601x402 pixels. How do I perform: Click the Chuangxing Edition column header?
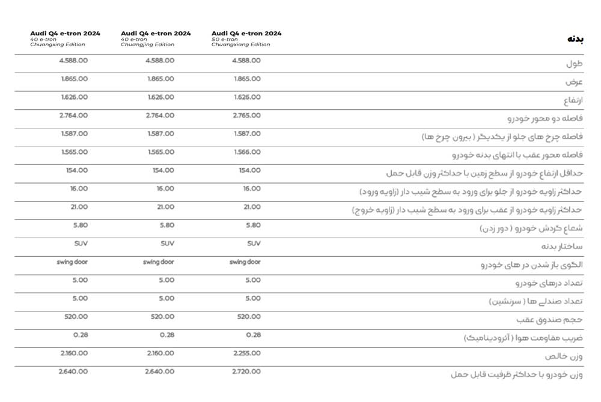[65, 38]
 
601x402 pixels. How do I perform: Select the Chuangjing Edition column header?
[156, 38]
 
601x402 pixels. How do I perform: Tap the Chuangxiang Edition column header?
[246, 38]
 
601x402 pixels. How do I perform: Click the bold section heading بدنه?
[575, 39]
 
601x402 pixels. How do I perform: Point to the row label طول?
[575, 64]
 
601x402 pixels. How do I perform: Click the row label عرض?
[575, 82]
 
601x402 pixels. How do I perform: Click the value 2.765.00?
[246, 115]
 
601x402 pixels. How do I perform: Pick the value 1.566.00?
[246, 152]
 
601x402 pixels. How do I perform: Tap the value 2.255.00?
[246, 353]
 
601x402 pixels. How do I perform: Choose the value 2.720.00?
[246, 371]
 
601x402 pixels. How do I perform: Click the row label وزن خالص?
[564, 356]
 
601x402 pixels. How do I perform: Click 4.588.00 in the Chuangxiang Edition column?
[246, 61]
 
